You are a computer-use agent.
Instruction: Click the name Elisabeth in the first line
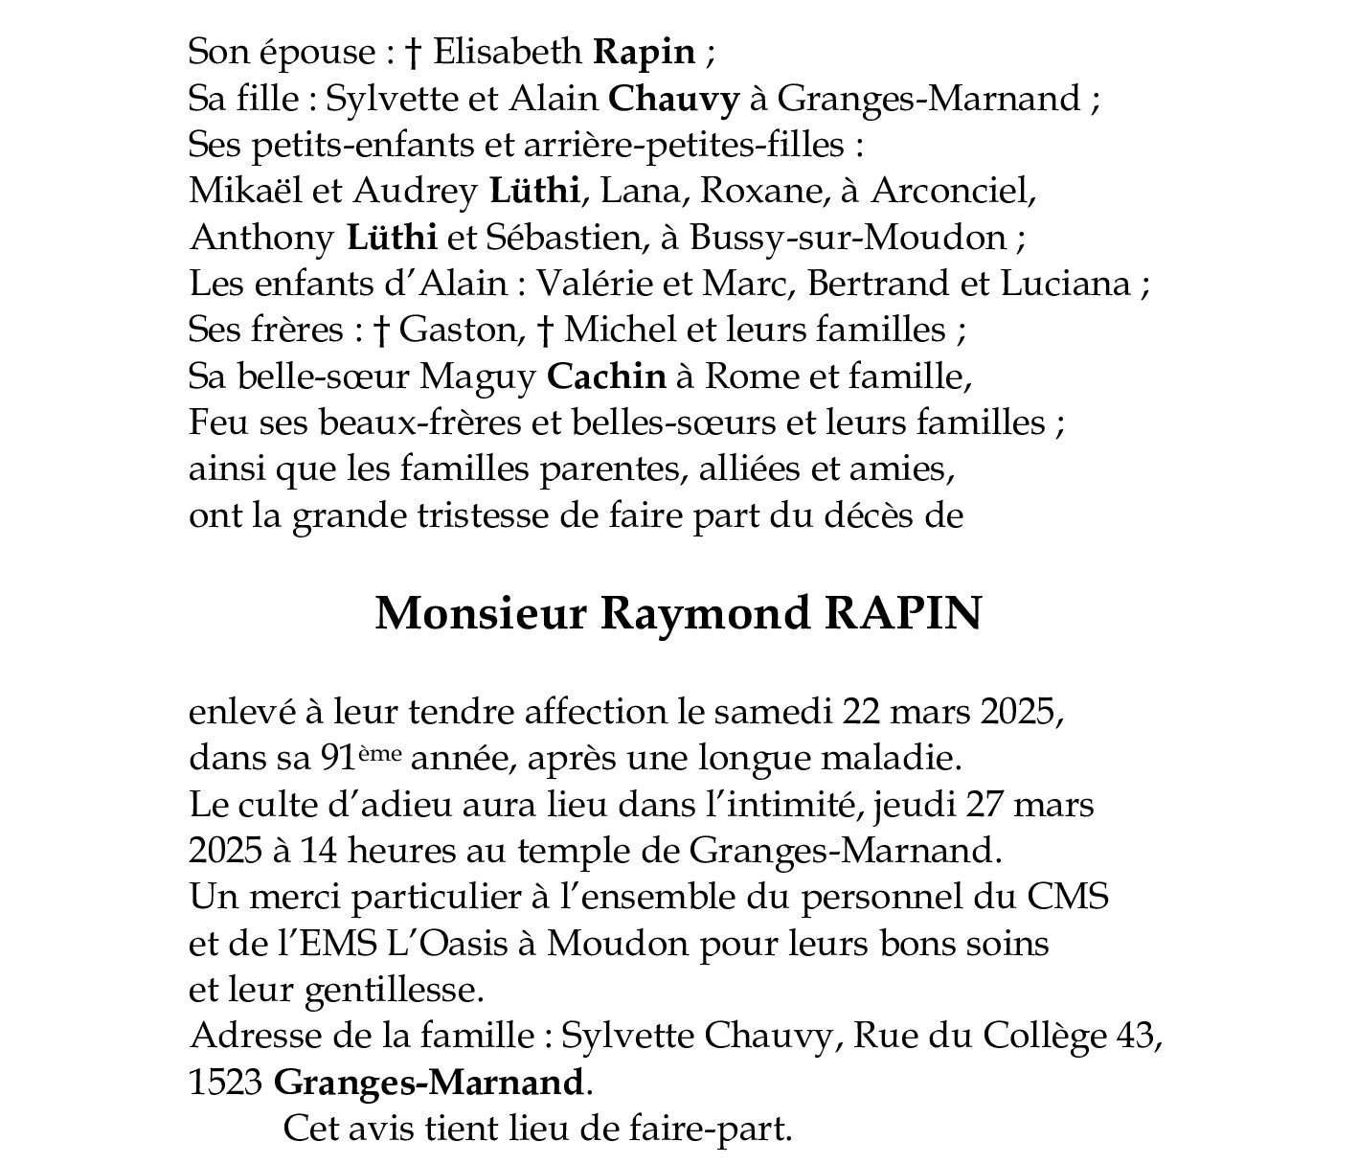tap(507, 51)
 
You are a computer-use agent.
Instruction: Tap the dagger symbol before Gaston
tap(381, 330)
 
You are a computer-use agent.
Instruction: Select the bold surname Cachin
tap(606, 377)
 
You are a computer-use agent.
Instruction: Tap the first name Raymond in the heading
tap(706, 613)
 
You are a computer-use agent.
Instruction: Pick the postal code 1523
tap(226, 1083)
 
